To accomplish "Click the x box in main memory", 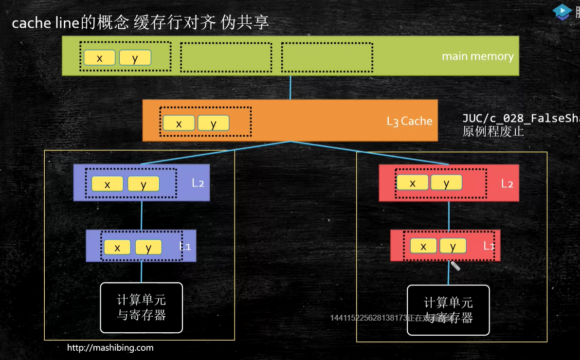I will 99,58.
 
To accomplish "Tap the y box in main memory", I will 135,58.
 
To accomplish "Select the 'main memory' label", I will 477,56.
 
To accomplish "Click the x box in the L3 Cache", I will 179,123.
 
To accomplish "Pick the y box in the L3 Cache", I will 213,123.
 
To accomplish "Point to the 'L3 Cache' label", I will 409,121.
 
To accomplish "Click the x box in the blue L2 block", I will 107,183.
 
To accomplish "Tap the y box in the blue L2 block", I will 144,183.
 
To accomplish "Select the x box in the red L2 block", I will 413,182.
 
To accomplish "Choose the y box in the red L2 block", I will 446,182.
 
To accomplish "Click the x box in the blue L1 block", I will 117,247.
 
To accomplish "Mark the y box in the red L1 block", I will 453,246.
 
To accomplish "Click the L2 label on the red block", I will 507,183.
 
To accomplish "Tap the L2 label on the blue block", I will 198,183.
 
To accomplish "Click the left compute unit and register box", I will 142,307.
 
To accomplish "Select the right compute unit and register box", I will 448,310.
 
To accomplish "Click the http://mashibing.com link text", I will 110,347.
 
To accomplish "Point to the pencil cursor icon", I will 455,266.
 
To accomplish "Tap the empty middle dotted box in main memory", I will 226,57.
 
